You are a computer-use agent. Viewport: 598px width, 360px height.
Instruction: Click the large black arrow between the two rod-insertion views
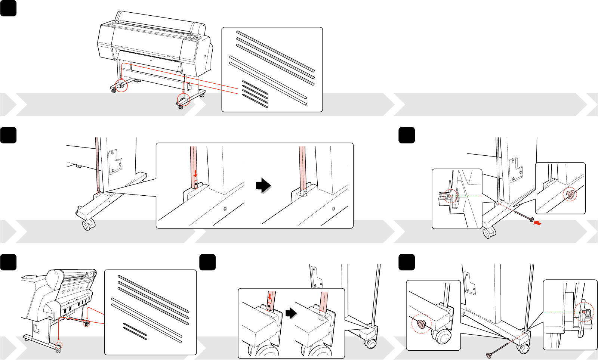(263, 185)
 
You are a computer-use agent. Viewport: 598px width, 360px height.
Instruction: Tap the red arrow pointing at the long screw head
(537, 223)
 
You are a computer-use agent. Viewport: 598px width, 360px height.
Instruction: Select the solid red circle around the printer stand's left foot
(121, 86)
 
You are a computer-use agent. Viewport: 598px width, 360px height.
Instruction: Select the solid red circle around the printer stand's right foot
(183, 99)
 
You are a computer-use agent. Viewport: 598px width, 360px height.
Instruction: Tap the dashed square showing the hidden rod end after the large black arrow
(303, 193)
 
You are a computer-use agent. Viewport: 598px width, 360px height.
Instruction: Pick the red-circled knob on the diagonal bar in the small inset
(570, 194)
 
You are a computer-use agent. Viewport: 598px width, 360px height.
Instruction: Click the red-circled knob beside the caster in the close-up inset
(420, 323)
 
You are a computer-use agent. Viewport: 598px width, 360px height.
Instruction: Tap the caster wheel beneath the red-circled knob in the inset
(442, 336)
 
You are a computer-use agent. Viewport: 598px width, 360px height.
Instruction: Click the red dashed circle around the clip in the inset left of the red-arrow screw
(450, 196)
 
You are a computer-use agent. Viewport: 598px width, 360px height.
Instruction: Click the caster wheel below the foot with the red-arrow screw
(488, 233)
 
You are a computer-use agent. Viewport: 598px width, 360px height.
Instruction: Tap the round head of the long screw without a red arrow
(489, 354)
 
